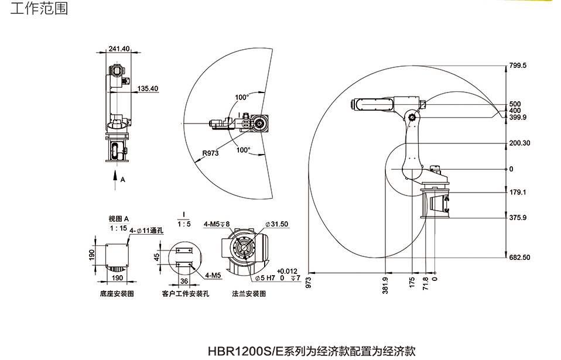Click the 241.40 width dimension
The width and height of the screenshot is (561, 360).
point(119,49)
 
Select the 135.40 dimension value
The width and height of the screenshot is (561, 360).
point(148,89)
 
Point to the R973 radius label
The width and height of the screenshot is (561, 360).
point(210,153)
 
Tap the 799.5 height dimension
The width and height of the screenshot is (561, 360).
point(517,66)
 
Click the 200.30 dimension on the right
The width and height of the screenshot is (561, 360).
point(519,143)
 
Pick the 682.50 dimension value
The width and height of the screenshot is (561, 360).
point(519,258)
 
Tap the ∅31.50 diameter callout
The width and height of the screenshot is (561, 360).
point(277,224)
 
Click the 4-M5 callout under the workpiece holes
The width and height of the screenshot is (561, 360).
point(213,274)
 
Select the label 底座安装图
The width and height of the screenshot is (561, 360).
point(117,294)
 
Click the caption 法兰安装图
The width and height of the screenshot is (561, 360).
point(249,294)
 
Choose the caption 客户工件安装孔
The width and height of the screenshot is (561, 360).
point(186,294)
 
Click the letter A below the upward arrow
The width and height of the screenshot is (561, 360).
point(123,180)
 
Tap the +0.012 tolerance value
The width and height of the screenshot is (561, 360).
point(288,271)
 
